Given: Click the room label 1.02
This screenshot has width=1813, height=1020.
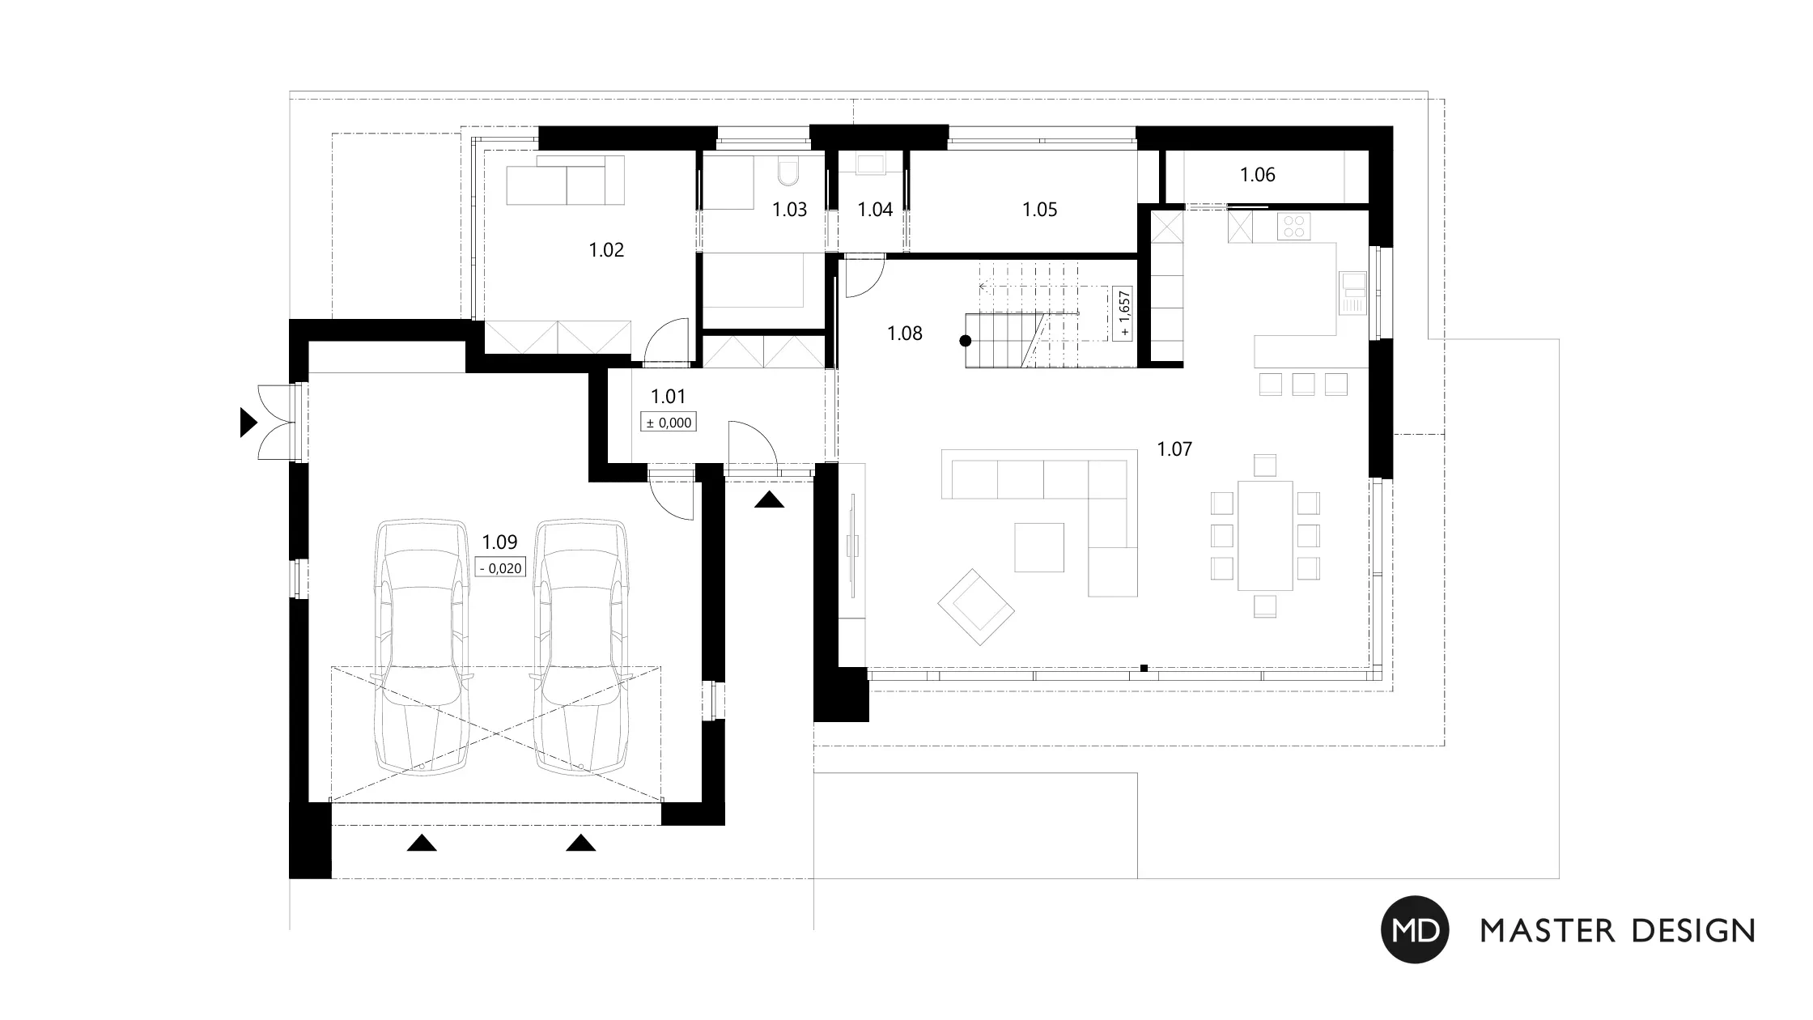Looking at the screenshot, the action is [x=606, y=250].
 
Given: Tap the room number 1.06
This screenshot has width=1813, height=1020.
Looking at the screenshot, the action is [x=1258, y=175].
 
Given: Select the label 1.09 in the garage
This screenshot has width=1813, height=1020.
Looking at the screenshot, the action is [x=499, y=542].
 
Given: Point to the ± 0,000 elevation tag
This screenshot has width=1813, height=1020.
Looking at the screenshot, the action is [x=669, y=422].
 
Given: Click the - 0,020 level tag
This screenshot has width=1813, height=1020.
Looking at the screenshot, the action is [x=500, y=567].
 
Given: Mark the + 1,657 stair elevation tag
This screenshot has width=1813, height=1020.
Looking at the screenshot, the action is [x=1123, y=314].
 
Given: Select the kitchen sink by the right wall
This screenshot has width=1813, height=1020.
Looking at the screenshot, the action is [x=1352, y=291].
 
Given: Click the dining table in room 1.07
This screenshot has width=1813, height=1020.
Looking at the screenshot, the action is [x=1264, y=535].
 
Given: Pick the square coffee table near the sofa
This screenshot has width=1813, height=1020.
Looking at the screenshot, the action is [x=1039, y=547].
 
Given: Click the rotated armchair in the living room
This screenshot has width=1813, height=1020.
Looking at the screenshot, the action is [x=976, y=607].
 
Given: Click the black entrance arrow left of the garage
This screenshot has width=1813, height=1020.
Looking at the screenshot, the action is [x=248, y=423].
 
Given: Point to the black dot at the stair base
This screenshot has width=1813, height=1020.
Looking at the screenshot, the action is [x=965, y=341].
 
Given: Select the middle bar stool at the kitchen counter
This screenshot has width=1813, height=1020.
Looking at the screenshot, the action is [x=1303, y=384].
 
